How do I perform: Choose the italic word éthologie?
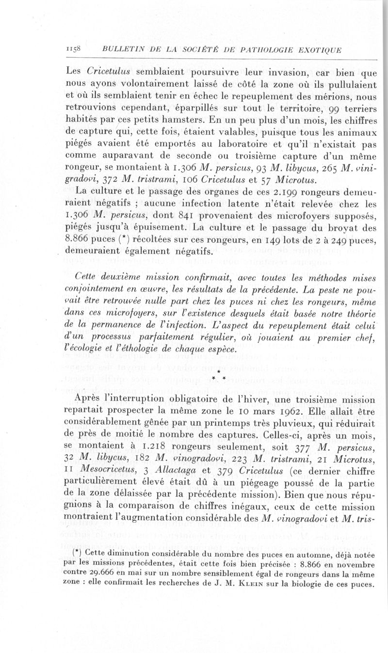pos(133,349)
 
